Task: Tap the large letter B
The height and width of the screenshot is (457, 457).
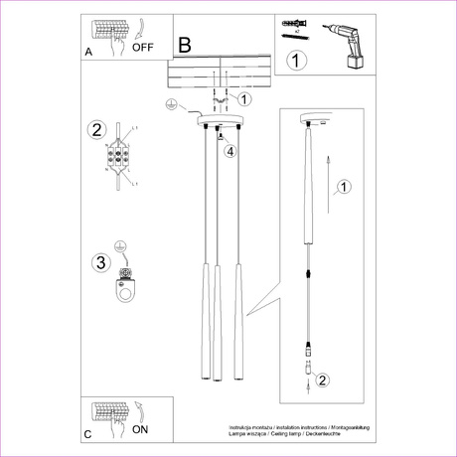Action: (185, 45)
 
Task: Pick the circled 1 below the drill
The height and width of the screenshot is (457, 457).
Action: (294, 62)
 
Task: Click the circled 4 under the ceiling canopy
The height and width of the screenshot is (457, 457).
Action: (229, 151)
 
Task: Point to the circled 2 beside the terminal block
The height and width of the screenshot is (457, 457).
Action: (96, 130)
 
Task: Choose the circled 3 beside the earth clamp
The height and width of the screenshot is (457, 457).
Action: (97, 263)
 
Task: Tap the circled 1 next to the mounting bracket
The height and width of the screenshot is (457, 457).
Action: (245, 98)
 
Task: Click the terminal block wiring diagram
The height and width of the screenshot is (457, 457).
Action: (122, 156)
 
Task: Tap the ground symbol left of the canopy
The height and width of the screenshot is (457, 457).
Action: (170, 104)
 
